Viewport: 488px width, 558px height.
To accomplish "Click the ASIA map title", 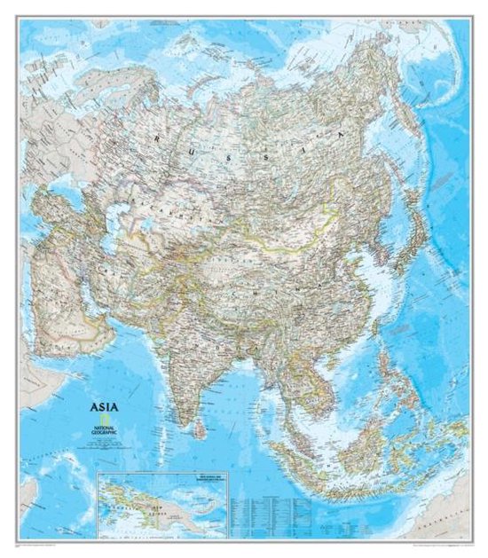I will (100, 409).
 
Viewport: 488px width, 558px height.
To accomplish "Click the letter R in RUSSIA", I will (154, 139).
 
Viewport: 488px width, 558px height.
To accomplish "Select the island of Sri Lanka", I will (202, 428).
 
